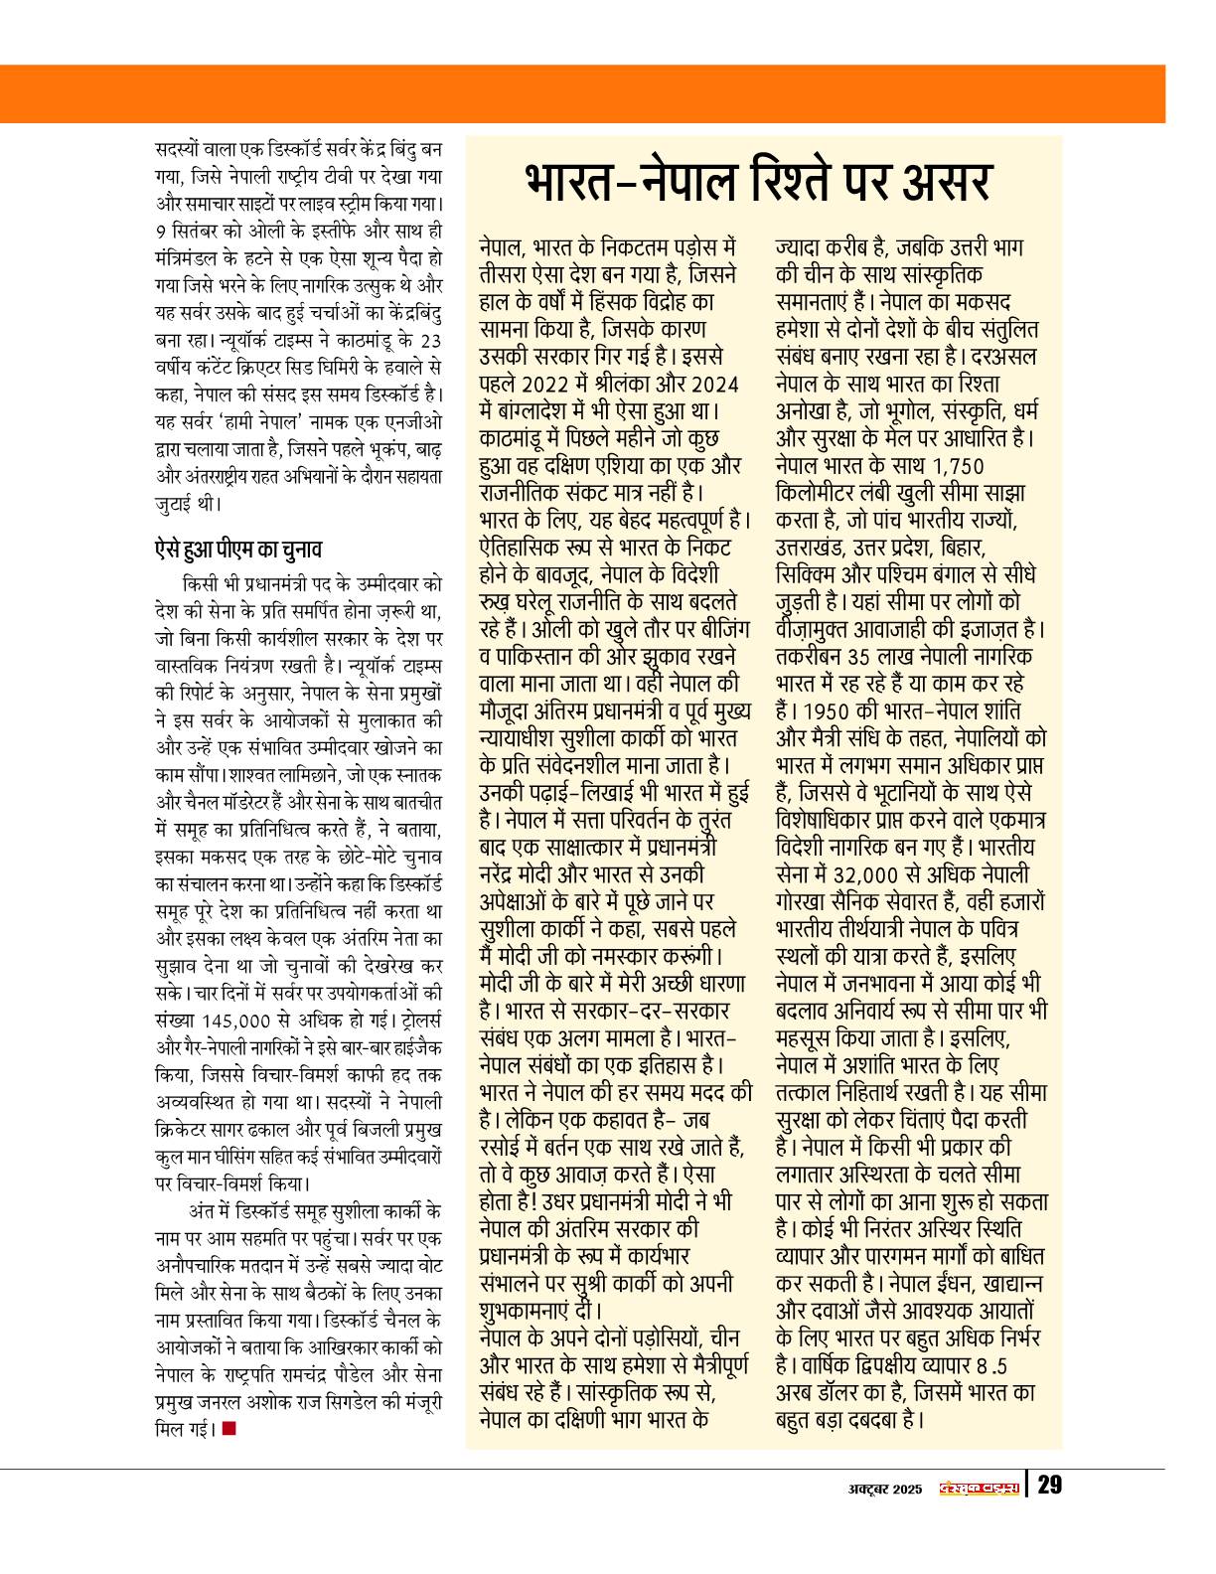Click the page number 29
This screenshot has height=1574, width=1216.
(x=1049, y=1487)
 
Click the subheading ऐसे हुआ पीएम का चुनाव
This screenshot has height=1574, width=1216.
(x=238, y=549)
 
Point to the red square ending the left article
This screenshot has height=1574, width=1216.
(x=229, y=1429)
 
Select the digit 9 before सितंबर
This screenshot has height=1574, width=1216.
(x=162, y=231)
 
